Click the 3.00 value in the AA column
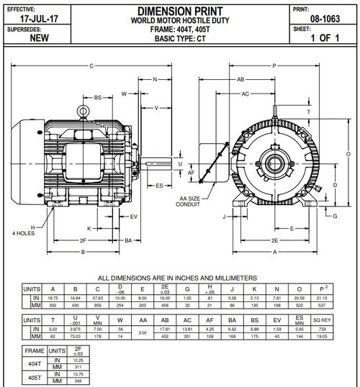pos(143,333)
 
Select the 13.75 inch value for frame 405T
pos(78,375)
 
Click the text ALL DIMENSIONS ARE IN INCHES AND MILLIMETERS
pos(179,277)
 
